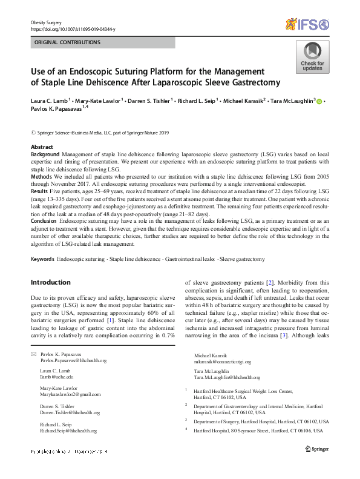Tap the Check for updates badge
click(x=312, y=57)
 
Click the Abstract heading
click(x=41, y=147)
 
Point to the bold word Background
click(x=45, y=155)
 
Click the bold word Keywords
click(x=42, y=259)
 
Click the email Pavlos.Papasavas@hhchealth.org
click(x=73, y=360)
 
